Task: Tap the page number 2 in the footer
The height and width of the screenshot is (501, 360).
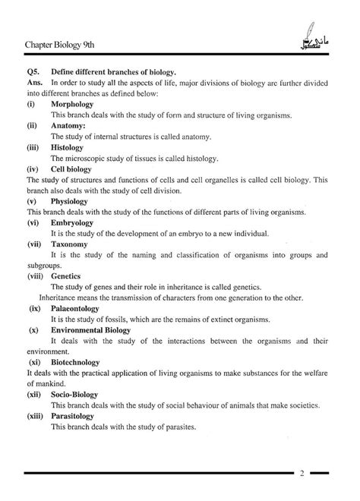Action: pos(302,474)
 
